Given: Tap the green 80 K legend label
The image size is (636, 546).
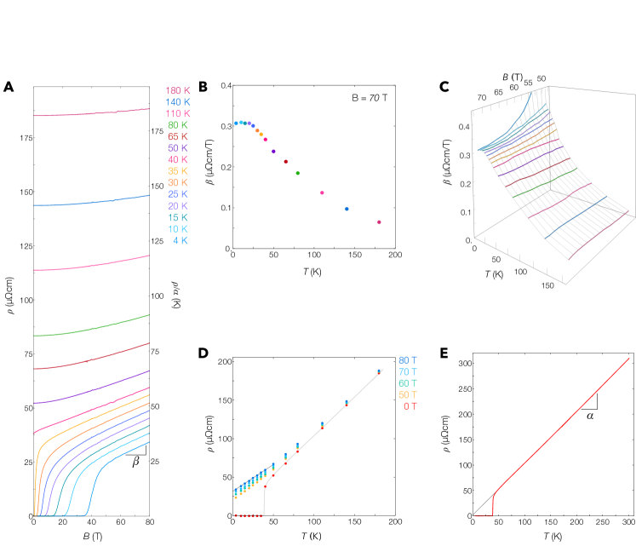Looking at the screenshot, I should tap(178, 125).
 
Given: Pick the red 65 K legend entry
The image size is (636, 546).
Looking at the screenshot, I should tap(178, 136).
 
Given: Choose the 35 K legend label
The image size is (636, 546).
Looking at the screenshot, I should tap(178, 171).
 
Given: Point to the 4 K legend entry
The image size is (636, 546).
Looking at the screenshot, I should tap(180, 240).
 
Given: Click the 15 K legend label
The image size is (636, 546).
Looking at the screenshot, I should tap(178, 217).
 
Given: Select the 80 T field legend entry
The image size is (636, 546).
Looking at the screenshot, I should tap(409, 359).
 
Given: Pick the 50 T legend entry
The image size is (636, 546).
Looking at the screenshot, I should tap(409, 394).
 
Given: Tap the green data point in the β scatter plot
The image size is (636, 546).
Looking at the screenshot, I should tap(297, 173).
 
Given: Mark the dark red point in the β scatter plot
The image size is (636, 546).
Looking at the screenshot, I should tap(285, 161).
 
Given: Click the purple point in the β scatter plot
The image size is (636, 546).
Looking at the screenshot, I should tap(273, 152).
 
